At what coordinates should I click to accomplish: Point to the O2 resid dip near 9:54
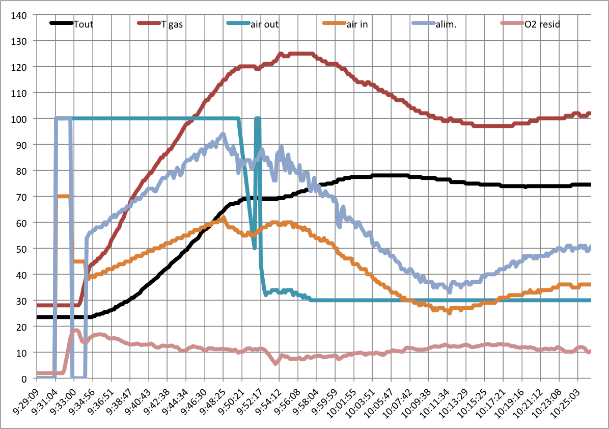275,363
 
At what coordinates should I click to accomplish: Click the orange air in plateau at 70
64,196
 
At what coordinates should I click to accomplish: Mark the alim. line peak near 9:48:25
223,135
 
